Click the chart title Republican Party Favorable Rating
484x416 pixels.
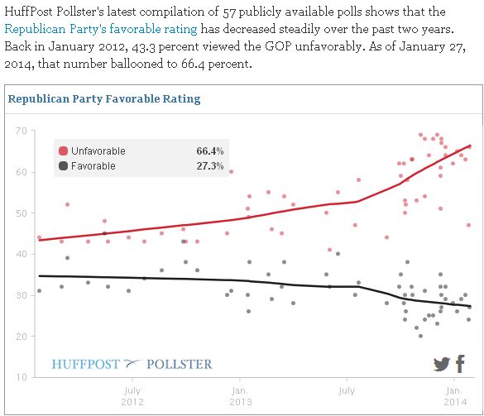pyautogui.click(x=103, y=99)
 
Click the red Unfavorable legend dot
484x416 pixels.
pyautogui.click(x=63, y=151)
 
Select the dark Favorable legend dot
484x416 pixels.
pyautogui.click(x=63, y=166)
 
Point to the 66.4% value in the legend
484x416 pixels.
pyautogui.click(x=210, y=151)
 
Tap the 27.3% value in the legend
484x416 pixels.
pyautogui.click(x=210, y=166)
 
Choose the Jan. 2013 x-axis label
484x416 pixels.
pyautogui.click(x=238, y=395)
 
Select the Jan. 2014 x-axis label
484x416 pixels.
pyautogui.click(x=453, y=395)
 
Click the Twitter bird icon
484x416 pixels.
pyautogui.click(x=442, y=365)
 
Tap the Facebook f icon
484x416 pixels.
pyautogui.click(x=460, y=364)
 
